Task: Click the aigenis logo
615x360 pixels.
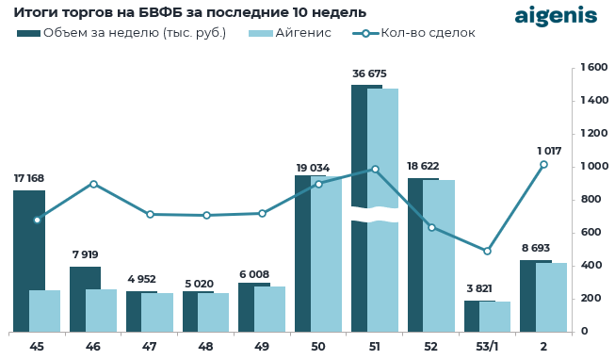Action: pyautogui.click(x=556, y=16)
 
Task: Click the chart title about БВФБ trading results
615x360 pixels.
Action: pyautogui.click(x=189, y=12)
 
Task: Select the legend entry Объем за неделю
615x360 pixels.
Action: pyautogui.click(x=122, y=33)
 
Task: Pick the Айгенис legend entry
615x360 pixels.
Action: pyautogui.click(x=290, y=33)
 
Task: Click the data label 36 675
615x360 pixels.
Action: pyautogui.click(x=369, y=74)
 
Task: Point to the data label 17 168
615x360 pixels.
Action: pyautogui.click(x=29, y=178)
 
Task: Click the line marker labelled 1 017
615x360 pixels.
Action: pyautogui.click(x=543, y=165)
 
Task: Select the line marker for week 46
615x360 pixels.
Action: pyautogui.click(x=93, y=184)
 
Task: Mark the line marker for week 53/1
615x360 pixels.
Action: pyautogui.click(x=487, y=251)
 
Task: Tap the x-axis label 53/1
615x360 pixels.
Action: pyautogui.click(x=487, y=347)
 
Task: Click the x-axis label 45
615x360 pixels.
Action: pyautogui.click(x=37, y=347)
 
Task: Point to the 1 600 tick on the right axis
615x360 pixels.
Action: pyautogui.click(x=594, y=68)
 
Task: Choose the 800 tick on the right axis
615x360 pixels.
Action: pyautogui.click(x=591, y=200)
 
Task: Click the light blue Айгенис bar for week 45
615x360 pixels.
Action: pyautogui.click(x=44, y=310)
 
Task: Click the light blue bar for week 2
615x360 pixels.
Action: pyautogui.click(x=551, y=297)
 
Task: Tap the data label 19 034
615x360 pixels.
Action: pyautogui.click(x=313, y=168)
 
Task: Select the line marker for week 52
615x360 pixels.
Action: pyautogui.click(x=431, y=227)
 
